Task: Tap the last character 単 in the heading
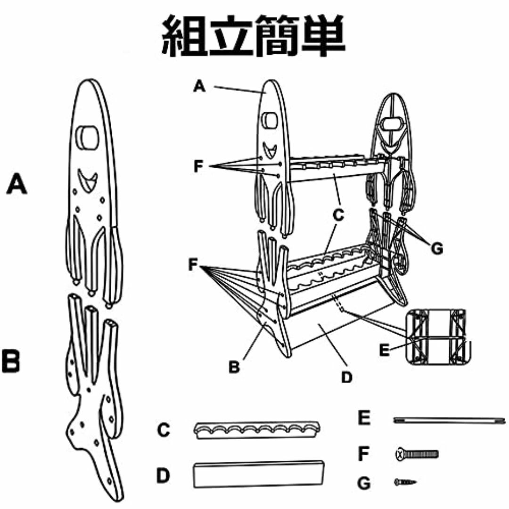[323, 36]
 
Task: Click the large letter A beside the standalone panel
[16, 184]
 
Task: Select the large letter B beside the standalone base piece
[11, 361]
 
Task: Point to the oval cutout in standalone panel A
[87, 137]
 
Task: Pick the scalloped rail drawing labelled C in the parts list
[257, 430]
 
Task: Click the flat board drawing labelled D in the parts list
[259, 474]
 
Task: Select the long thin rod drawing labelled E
[449, 420]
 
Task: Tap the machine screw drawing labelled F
[417, 453]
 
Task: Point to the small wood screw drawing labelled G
[405, 482]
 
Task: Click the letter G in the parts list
[364, 483]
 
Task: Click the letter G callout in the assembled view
[437, 249]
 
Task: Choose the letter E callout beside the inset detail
[384, 350]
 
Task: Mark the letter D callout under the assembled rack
[347, 377]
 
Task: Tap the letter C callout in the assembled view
[338, 215]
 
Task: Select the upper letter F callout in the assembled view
[198, 166]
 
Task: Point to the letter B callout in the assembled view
[234, 367]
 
